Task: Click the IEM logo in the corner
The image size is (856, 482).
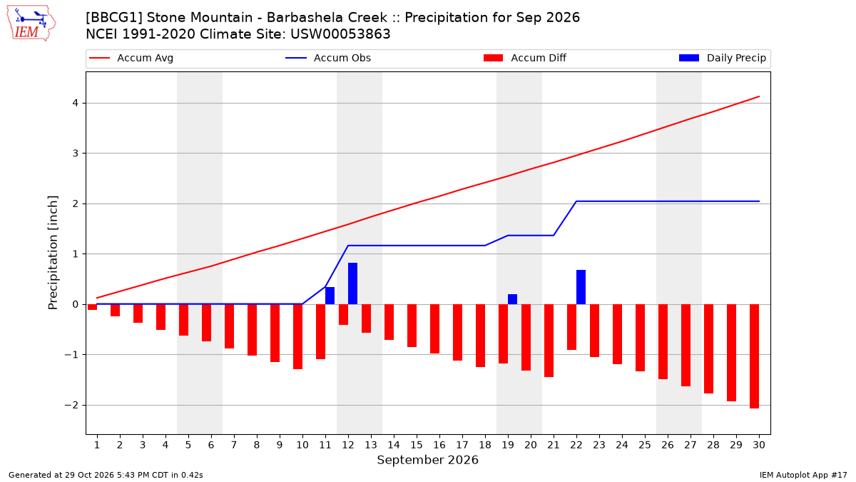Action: point(31,24)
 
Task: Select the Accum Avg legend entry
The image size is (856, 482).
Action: point(131,58)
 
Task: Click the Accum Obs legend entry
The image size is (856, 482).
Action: point(328,58)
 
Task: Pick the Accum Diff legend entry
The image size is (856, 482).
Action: point(525,58)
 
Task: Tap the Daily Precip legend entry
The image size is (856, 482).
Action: point(722,58)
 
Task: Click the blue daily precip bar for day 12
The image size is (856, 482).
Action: point(352,283)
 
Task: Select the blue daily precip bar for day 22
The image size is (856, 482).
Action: point(581,287)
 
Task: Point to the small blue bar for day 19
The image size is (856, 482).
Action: point(512,299)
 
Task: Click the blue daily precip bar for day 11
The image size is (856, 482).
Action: point(330,296)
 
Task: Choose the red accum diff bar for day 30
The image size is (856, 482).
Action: point(755,356)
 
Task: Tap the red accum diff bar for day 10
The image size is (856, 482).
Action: point(297,336)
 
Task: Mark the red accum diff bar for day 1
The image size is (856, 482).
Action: point(92,307)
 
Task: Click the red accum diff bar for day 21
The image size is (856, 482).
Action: point(549,341)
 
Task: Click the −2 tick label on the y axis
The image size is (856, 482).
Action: point(71,405)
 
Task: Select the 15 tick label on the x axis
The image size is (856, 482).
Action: point(417,445)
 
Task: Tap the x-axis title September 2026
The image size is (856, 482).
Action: point(427,460)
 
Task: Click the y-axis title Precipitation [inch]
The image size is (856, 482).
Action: point(53,253)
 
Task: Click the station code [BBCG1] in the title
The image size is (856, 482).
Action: point(114,18)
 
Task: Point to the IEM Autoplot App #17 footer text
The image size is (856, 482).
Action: point(803,475)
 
